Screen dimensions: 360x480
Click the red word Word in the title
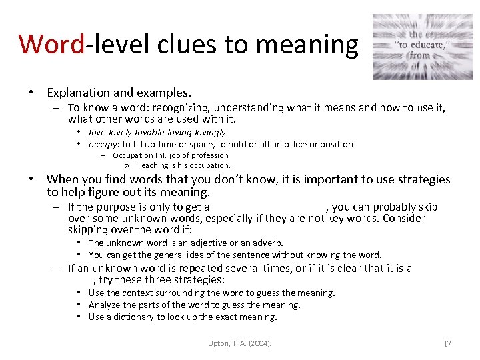[x=52, y=44]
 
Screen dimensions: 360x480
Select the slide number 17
[x=447, y=343]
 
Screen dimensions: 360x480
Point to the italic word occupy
[x=103, y=144]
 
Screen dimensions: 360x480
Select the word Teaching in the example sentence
[x=152, y=165]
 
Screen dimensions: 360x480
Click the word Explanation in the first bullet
[x=77, y=93]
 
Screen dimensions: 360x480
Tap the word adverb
[x=267, y=243]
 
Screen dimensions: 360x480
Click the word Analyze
[x=105, y=305]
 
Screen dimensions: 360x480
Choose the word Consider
[x=404, y=219]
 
